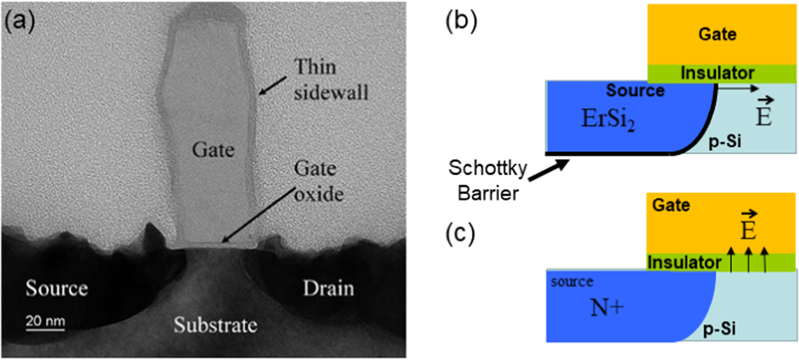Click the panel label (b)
pyautogui.click(x=461, y=21)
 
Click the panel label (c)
pyautogui.click(x=460, y=233)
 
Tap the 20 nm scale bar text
pyautogui.click(x=45, y=321)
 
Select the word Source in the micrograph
pyautogui.click(x=56, y=288)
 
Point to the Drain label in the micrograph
pyautogui.click(x=328, y=289)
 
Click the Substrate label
pyautogui.click(x=215, y=325)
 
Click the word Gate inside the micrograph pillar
pyautogui.click(x=213, y=150)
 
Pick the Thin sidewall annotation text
pyautogui.click(x=330, y=80)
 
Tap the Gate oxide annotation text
pyautogui.click(x=318, y=181)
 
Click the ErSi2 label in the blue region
pyautogui.click(x=608, y=119)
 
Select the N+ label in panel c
pyautogui.click(x=606, y=307)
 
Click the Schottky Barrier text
pyautogui.click(x=488, y=180)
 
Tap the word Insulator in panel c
pyautogui.click(x=684, y=262)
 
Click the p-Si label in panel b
pyautogui.click(x=725, y=142)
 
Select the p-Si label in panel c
pyautogui.click(x=719, y=329)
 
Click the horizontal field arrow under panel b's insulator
pyautogui.click(x=738, y=88)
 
